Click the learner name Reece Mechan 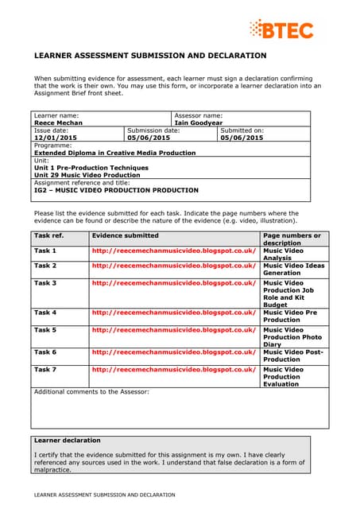58,123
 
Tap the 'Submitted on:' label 242,130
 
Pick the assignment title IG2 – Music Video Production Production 116,190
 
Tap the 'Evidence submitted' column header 125,235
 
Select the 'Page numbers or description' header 292,239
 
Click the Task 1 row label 45,251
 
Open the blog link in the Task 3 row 174,282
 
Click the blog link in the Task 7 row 174,369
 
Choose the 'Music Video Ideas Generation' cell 292,269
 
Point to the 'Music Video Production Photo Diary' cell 292,337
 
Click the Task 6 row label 45,352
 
